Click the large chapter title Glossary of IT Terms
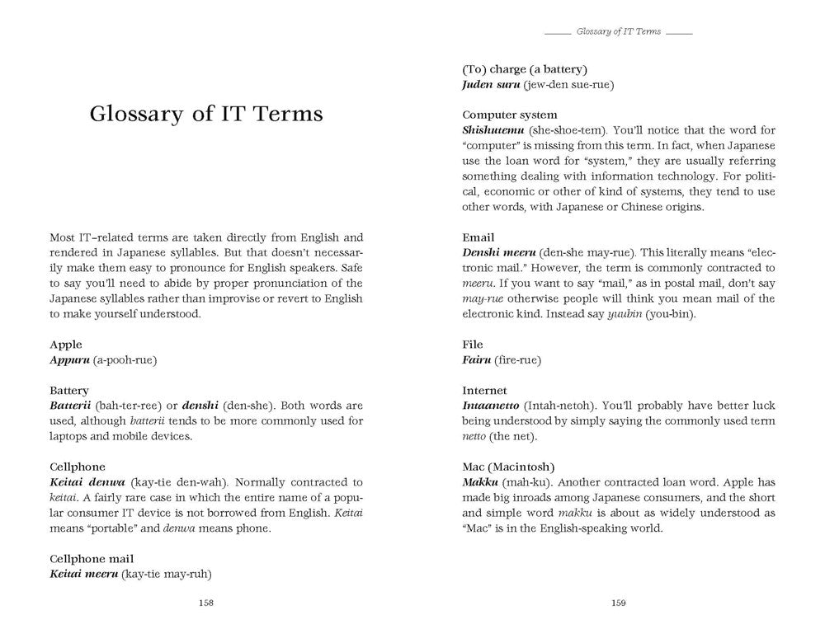206,113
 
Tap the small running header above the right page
619,31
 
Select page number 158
206,603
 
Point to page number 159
619,603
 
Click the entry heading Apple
66,345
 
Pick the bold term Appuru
69,360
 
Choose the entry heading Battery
69,390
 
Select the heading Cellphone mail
92,558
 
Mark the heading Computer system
510,115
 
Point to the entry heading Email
478,237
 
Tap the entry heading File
473,345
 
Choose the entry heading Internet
485,390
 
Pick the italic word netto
478,436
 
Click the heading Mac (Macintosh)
508,467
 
